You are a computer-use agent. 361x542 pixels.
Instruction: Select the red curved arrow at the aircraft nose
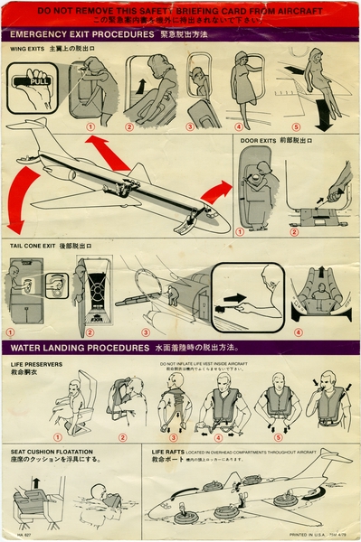216,192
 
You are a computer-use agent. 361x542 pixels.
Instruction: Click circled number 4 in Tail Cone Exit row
297,332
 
